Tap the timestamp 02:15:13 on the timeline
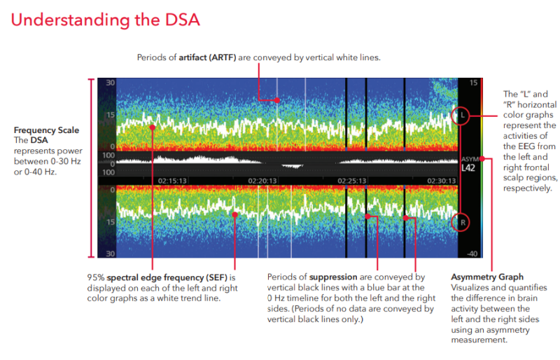pyautogui.click(x=172, y=180)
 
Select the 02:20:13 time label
pyautogui.click(x=263, y=180)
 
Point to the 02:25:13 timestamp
pyautogui.click(x=353, y=180)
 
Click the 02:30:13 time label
pyautogui.click(x=428, y=180)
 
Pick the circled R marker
pyautogui.click(x=462, y=223)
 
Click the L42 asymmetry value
pyautogui.click(x=468, y=169)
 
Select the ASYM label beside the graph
pyautogui.click(x=468, y=158)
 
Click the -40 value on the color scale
pyautogui.click(x=473, y=253)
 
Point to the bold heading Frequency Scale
pyautogui.click(x=46, y=130)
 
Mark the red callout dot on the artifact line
pyautogui.click(x=277, y=100)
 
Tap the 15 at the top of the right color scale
pyautogui.click(x=473, y=83)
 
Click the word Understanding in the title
pyautogui.click(x=69, y=20)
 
